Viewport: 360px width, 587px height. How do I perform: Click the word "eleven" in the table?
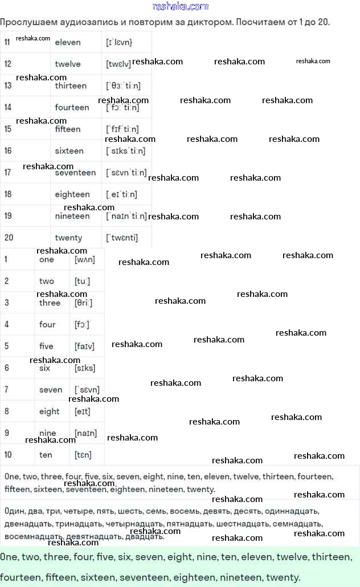point(68,42)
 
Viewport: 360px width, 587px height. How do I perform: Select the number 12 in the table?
point(7,64)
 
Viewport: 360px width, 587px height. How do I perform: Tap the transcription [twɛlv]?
point(118,64)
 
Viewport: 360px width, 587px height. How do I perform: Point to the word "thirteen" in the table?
point(71,85)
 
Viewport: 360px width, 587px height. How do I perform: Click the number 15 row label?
point(7,129)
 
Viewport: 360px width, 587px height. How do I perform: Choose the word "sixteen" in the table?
point(69,151)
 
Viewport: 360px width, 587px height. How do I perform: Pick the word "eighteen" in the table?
point(72,194)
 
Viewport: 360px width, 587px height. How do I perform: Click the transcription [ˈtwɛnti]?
point(122,238)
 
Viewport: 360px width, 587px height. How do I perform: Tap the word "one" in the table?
point(47,259)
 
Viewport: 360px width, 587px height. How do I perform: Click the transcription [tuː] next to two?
point(82,281)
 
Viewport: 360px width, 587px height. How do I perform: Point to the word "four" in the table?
point(47,324)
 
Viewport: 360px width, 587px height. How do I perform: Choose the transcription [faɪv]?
point(84,346)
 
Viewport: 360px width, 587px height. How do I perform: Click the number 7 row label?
point(6,390)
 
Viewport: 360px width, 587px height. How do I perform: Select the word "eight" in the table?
point(49,411)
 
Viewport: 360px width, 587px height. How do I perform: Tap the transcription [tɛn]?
point(83,455)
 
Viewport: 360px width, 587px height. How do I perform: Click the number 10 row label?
point(8,455)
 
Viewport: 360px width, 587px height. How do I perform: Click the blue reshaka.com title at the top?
point(181,6)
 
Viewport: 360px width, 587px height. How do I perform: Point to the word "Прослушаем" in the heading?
point(27,22)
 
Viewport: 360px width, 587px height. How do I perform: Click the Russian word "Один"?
point(14,511)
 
